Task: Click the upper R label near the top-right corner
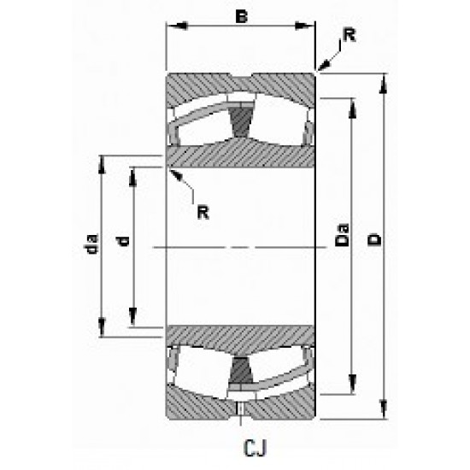click(349, 35)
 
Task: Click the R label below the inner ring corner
click(203, 212)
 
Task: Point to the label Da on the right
click(340, 234)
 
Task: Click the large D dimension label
click(373, 242)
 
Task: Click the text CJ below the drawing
click(244, 447)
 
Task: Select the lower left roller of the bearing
click(202, 369)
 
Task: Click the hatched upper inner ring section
click(241, 156)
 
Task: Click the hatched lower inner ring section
click(241, 338)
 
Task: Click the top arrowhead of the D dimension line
click(383, 79)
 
